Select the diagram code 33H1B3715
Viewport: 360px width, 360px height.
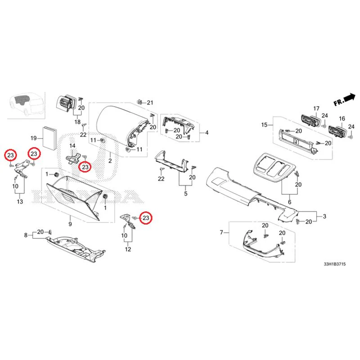point(334,264)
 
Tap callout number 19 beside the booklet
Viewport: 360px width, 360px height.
point(33,138)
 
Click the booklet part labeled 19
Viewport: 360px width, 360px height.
point(49,138)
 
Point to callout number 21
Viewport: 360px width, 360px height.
point(150,103)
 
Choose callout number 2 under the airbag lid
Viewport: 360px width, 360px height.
point(110,161)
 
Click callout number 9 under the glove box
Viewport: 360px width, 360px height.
point(70,224)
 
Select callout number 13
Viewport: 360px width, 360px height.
point(20,201)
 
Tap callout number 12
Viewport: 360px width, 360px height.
point(128,249)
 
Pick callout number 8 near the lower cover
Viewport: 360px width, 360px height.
point(26,235)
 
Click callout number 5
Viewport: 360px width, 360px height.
point(186,193)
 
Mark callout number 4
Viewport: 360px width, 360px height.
point(207,132)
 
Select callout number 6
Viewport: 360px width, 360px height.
point(289,202)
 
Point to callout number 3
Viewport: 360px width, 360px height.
point(324,216)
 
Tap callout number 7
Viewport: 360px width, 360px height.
point(221,232)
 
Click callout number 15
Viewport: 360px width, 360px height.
point(264,125)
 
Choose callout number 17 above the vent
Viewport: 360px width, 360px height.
point(316,108)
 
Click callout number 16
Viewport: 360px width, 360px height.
point(342,118)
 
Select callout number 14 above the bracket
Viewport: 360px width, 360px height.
point(72,145)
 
